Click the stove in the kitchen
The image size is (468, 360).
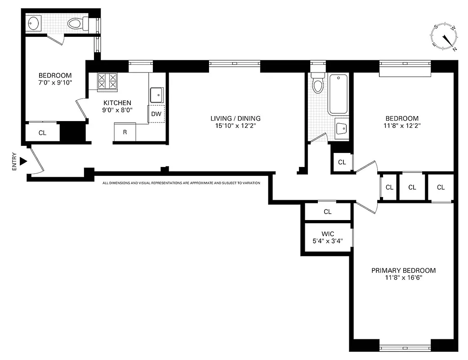click(x=107, y=81)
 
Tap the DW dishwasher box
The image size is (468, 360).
click(x=156, y=114)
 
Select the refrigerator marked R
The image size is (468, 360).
click(x=125, y=133)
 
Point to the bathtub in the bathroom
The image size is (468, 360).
click(x=338, y=94)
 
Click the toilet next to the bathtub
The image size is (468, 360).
click(x=318, y=83)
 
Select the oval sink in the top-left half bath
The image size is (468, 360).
click(x=34, y=23)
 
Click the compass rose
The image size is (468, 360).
click(x=445, y=36)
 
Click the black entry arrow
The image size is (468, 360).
click(x=23, y=161)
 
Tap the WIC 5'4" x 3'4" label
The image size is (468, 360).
click(x=328, y=237)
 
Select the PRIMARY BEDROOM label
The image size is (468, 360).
click(x=403, y=270)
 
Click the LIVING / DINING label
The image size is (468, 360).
click(x=236, y=118)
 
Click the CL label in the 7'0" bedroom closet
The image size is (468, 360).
click(x=42, y=133)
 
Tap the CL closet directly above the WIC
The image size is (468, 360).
click(x=327, y=211)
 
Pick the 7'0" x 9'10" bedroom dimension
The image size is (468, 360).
click(x=55, y=83)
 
